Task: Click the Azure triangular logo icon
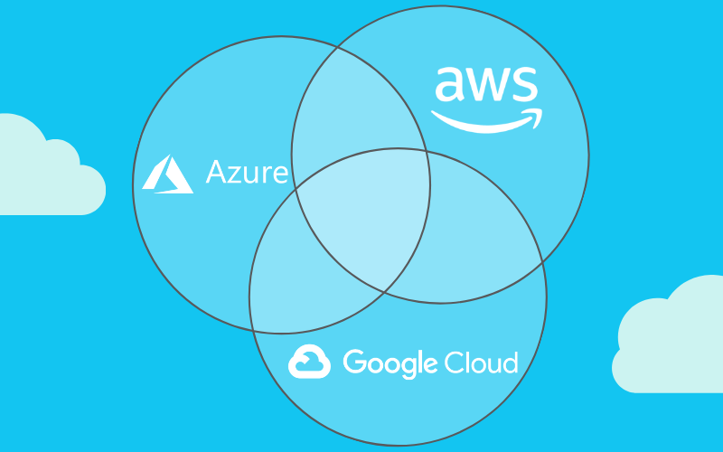point(168,174)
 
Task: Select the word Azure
point(247,172)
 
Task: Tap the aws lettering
point(486,86)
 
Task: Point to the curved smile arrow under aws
point(484,121)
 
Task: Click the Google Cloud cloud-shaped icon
point(310,363)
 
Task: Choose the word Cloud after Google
point(482,363)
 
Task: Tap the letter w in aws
point(486,86)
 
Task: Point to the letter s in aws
point(524,86)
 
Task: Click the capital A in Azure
point(216,172)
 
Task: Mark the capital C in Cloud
point(455,363)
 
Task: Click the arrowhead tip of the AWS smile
point(540,113)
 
